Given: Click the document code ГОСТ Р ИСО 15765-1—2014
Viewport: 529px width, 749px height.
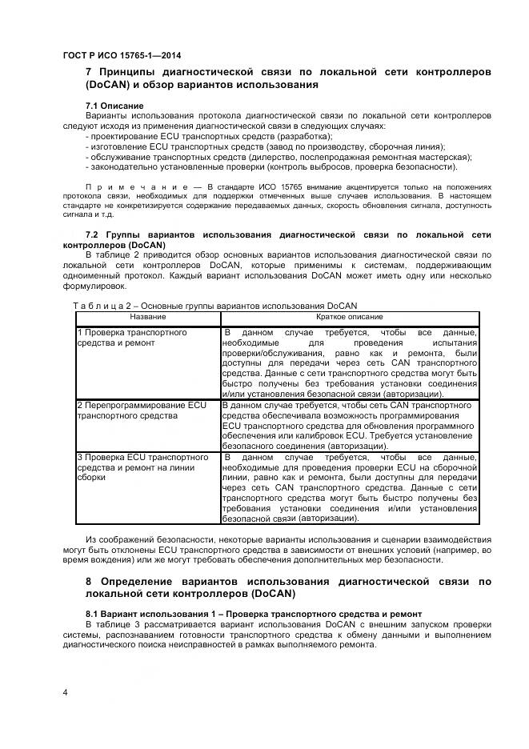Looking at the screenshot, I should coord(121,55).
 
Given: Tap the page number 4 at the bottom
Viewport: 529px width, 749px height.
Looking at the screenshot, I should coord(65,691).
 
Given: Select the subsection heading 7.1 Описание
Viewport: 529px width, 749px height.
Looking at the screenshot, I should coord(114,106).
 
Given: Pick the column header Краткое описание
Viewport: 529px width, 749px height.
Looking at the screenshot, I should coord(350,317).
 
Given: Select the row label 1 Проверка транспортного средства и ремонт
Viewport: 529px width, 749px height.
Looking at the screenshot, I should coord(132,337).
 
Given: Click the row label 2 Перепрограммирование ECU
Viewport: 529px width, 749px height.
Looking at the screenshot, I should coord(142,411).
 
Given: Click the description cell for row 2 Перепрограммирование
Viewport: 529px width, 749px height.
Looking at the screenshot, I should coord(350,426).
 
